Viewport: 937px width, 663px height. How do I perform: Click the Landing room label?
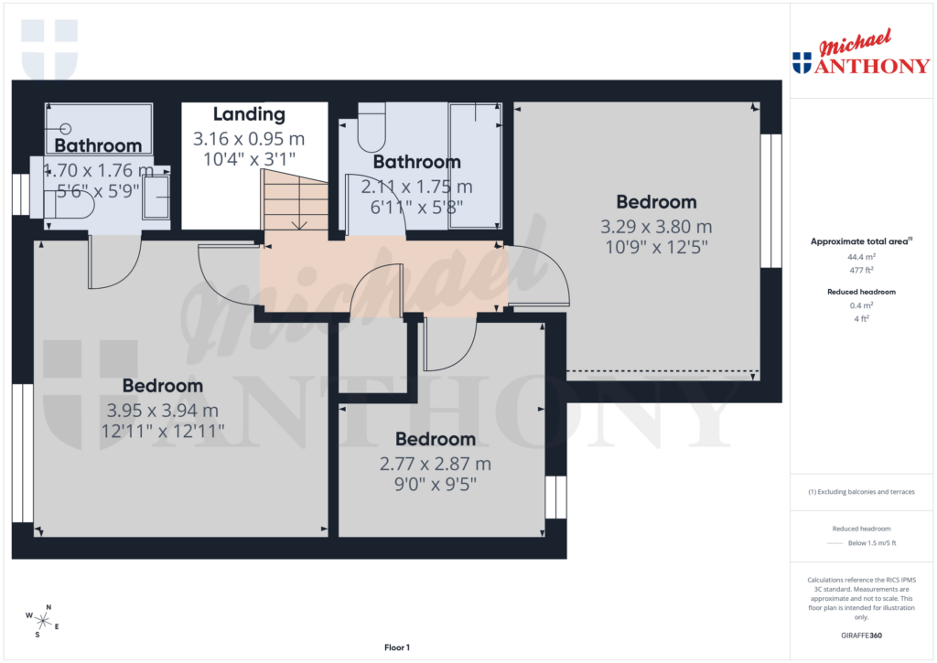[249, 114]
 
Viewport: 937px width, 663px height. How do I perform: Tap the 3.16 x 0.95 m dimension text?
[249, 139]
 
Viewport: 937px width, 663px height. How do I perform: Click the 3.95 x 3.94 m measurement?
[163, 411]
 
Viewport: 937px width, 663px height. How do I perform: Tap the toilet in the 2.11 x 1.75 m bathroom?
[372, 128]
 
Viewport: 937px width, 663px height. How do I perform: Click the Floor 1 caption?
[397, 647]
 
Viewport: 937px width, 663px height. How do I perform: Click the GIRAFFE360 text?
[860, 635]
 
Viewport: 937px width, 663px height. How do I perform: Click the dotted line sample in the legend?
[833, 543]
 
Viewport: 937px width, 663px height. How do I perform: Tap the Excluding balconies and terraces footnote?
[860, 492]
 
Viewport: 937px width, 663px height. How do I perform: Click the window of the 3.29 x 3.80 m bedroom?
[772, 201]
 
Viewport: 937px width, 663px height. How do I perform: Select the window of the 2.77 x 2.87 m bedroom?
[556, 497]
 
